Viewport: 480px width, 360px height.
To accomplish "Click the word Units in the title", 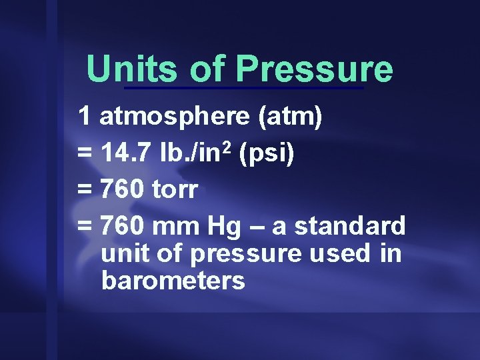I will [133, 69].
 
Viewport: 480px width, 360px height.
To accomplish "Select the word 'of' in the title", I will [208, 69].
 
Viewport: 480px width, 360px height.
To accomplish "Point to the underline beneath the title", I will [244, 88].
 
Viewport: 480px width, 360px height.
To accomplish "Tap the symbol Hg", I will [219, 227].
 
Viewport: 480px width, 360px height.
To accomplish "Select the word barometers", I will [173, 281].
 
